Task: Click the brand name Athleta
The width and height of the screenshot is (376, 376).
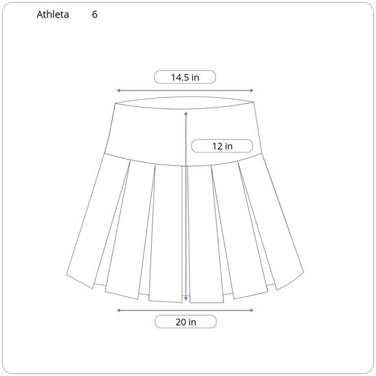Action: [x=53, y=14]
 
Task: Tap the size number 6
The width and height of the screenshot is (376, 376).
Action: [x=95, y=14]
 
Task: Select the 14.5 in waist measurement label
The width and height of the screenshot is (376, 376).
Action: [x=185, y=77]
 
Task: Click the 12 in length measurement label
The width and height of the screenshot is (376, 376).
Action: [x=222, y=146]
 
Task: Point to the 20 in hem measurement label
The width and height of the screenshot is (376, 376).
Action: [x=185, y=322]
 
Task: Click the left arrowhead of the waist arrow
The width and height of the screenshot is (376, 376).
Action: [x=118, y=90]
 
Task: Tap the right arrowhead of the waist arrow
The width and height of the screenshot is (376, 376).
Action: [x=252, y=90]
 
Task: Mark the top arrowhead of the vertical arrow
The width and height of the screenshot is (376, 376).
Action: [x=186, y=113]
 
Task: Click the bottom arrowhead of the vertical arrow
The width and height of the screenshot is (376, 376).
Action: [x=186, y=299]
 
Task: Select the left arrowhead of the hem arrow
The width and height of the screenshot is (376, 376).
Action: [x=118, y=311]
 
